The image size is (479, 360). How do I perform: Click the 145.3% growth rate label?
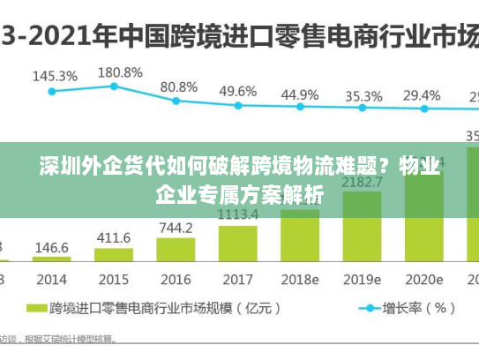[55, 76]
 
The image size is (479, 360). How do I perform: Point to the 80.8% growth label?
[179, 87]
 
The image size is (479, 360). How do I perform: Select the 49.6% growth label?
[238, 91]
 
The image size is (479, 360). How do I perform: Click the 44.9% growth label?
[300, 94]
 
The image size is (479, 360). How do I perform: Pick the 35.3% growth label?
[363, 95]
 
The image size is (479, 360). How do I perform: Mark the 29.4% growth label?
[422, 94]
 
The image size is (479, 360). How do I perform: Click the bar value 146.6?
[52, 248]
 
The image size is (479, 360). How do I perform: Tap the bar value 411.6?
[114, 238]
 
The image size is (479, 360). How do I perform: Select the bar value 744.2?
[176, 228]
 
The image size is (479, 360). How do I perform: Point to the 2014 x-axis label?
[51, 280]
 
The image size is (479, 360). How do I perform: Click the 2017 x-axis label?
[238, 280]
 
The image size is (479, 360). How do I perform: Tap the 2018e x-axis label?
[300, 280]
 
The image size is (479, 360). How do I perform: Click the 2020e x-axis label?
[424, 280]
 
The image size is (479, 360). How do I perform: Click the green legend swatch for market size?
[36, 309]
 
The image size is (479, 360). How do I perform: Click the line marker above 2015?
[114, 86]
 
